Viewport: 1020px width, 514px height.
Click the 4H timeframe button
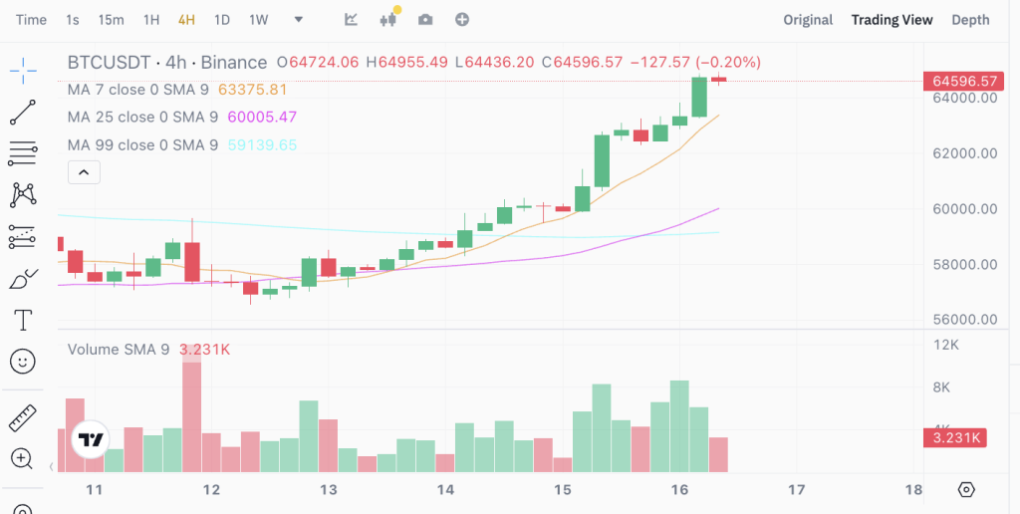tap(186, 20)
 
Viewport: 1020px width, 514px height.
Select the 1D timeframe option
tap(222, 20)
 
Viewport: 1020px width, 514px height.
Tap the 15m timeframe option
tap(112, 20)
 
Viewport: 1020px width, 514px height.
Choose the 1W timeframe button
tap(259, 20)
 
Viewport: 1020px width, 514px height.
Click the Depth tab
tap(970, 20)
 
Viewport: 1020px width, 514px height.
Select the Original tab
tap(808, 20)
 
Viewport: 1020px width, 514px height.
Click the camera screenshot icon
tap(425, 20)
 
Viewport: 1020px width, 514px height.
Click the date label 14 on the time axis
tap(445, 490)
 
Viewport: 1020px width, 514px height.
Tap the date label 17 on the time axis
tap(796, 490)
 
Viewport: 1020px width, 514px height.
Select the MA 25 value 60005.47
tap(262, 118)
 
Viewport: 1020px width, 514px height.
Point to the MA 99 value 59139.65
tap(262, 145)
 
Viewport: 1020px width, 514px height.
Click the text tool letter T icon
tap(23, 320)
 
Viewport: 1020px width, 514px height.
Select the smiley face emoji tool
tap(23, 361)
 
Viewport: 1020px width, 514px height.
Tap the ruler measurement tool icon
tap(23, 417)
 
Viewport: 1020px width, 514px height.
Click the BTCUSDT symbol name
tap(109, 62)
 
